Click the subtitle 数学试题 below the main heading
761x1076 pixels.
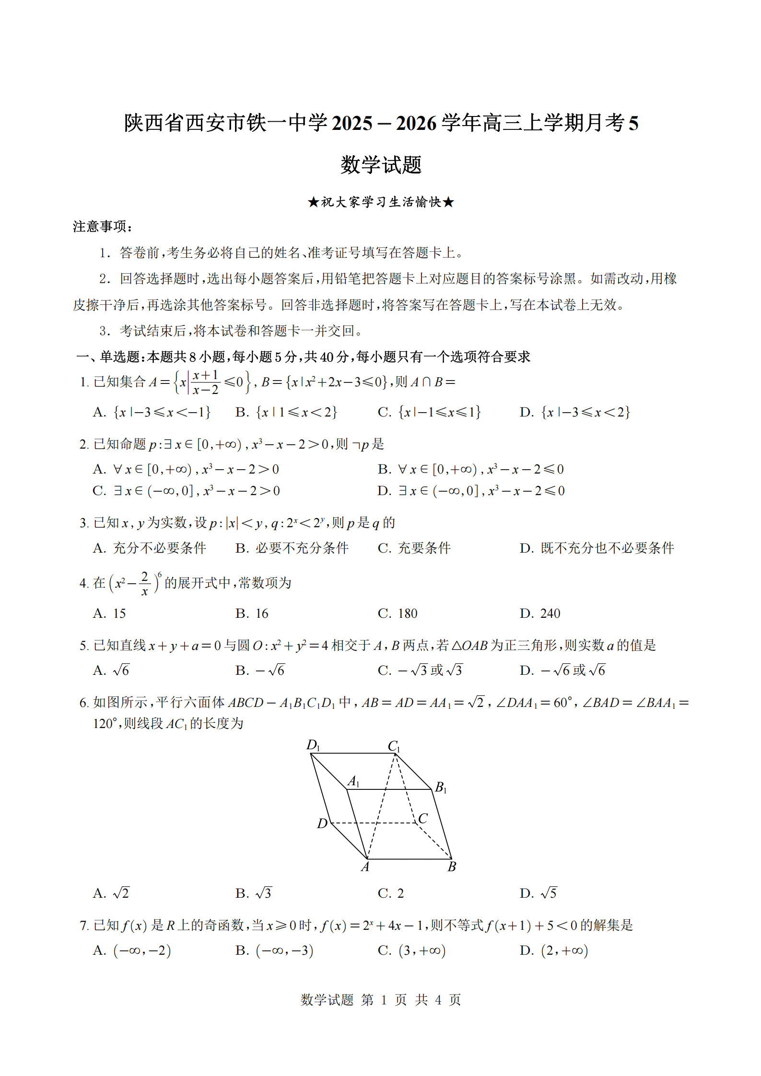pos(381,165)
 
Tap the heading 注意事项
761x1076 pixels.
pos(102,226)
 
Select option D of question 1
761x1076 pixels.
pos(574,412)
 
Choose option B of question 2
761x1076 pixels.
pos(470,469)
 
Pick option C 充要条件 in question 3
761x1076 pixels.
pos(414,548)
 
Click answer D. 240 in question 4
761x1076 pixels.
pos(540,613)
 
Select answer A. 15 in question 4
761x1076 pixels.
pos(109,613)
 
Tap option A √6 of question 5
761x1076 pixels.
pos(111,671)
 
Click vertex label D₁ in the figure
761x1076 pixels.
pos(313,745)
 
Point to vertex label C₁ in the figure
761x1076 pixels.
pos(394,746)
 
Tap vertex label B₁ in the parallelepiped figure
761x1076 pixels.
pos(441,787)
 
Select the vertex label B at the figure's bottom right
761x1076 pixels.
pos(452,867)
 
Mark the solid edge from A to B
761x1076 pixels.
pos(409,859)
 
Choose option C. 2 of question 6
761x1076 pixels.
pos(391,893)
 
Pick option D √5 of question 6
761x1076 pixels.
pos(539,893)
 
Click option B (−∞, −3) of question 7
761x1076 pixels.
pos(274,951)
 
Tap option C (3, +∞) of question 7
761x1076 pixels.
pos(411,951)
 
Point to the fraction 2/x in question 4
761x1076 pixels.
pos(144,583)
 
